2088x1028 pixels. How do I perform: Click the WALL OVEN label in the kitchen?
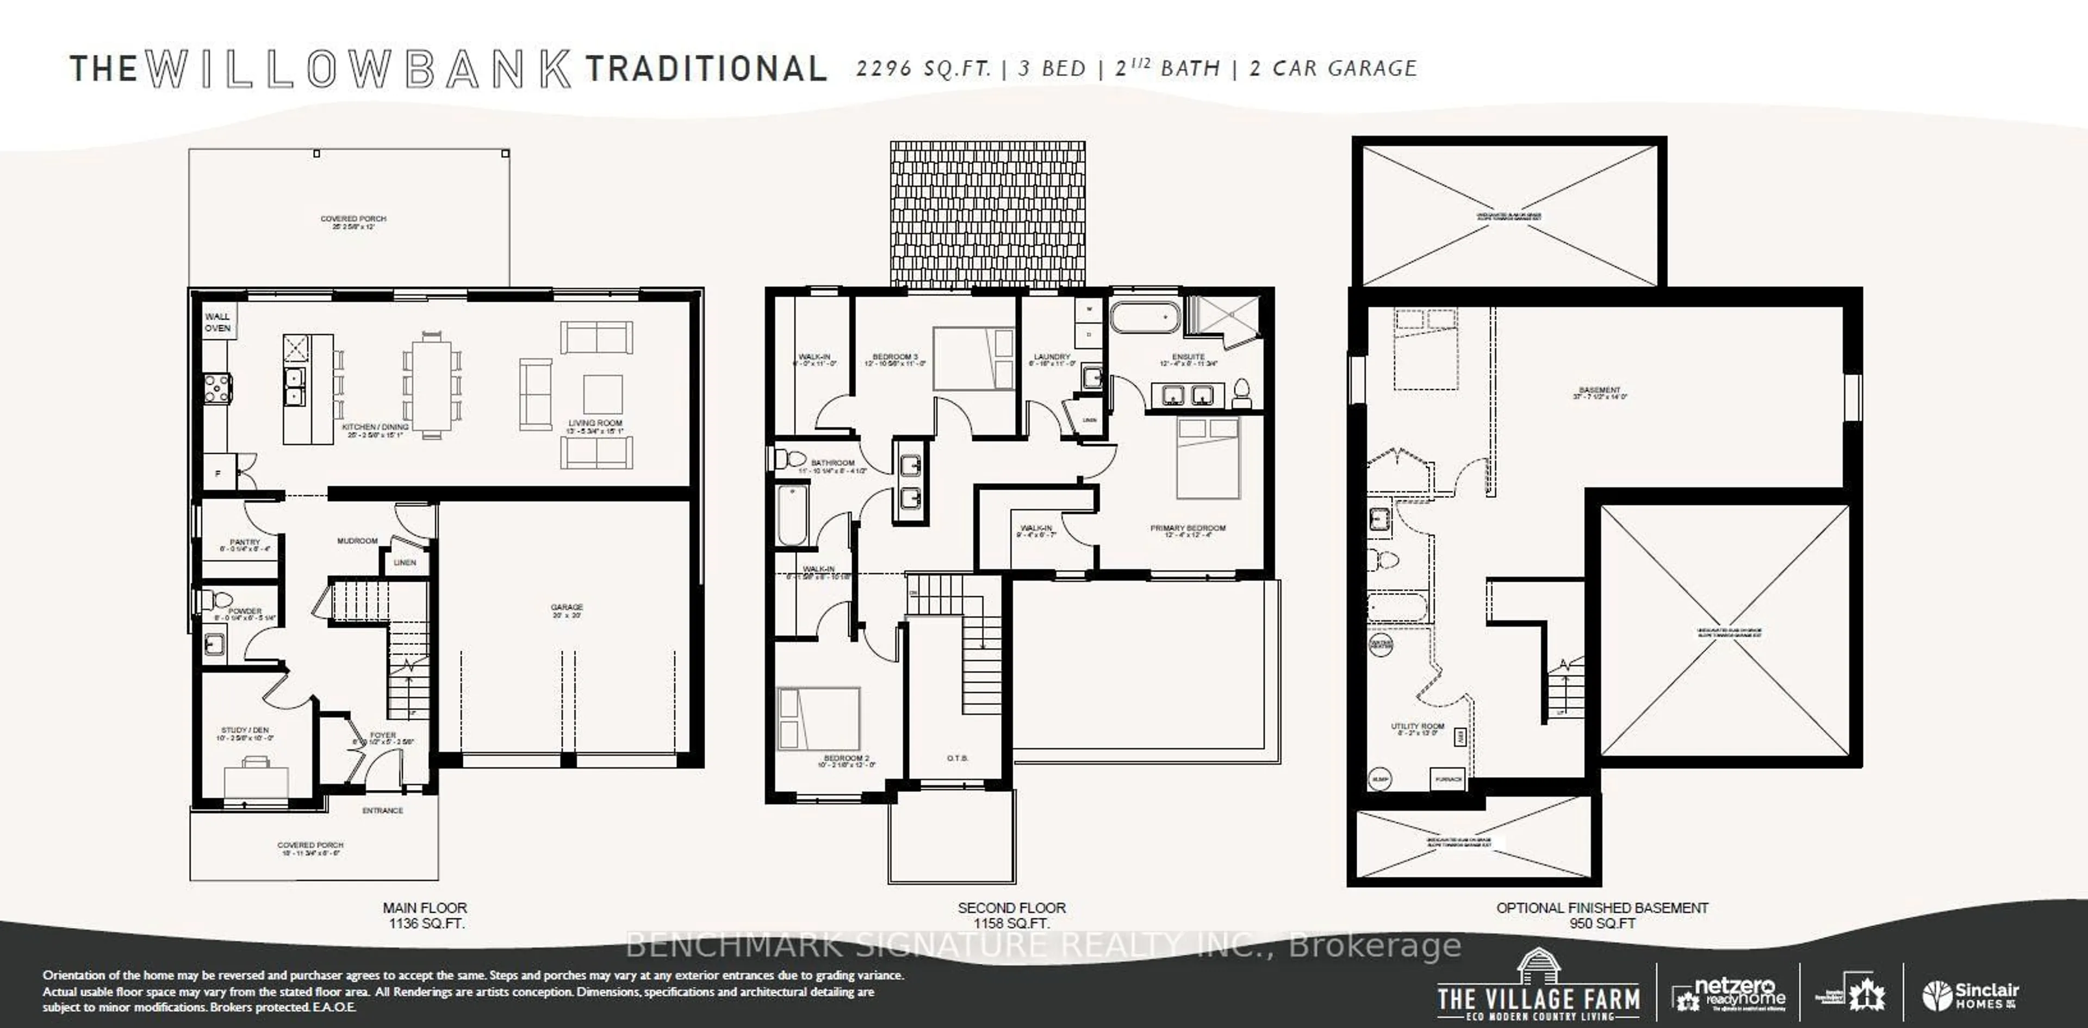click(217, 322)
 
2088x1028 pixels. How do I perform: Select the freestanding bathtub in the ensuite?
click(1145, 317)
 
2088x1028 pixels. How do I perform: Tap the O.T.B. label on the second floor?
click(957, 758)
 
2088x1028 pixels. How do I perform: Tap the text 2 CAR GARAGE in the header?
click(1333, 69)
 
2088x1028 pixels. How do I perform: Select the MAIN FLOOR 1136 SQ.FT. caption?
click(426, 915)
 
